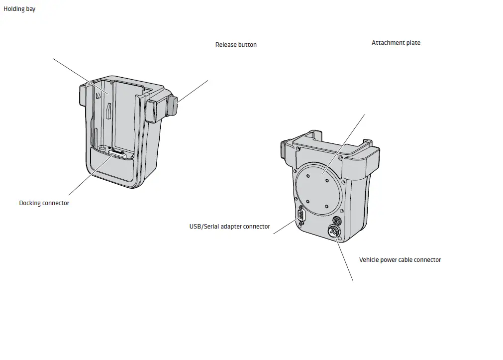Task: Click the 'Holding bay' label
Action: [x=19, y=9]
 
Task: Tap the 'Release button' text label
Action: [x=236, y=45]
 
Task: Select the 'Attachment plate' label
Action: [x=396, y=43]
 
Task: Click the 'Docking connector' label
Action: [x=44, y=203]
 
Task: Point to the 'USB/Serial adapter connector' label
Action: [x=229, y=227]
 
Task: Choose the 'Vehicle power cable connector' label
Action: [x=400, y=260]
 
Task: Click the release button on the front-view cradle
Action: [x=172, y=105]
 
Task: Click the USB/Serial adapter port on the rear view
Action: [x=301, y=218]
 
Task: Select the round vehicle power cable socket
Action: [x=333, y=232]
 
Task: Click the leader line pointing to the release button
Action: [x=193, y=91]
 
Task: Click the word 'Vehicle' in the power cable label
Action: [x=369, y=260]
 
